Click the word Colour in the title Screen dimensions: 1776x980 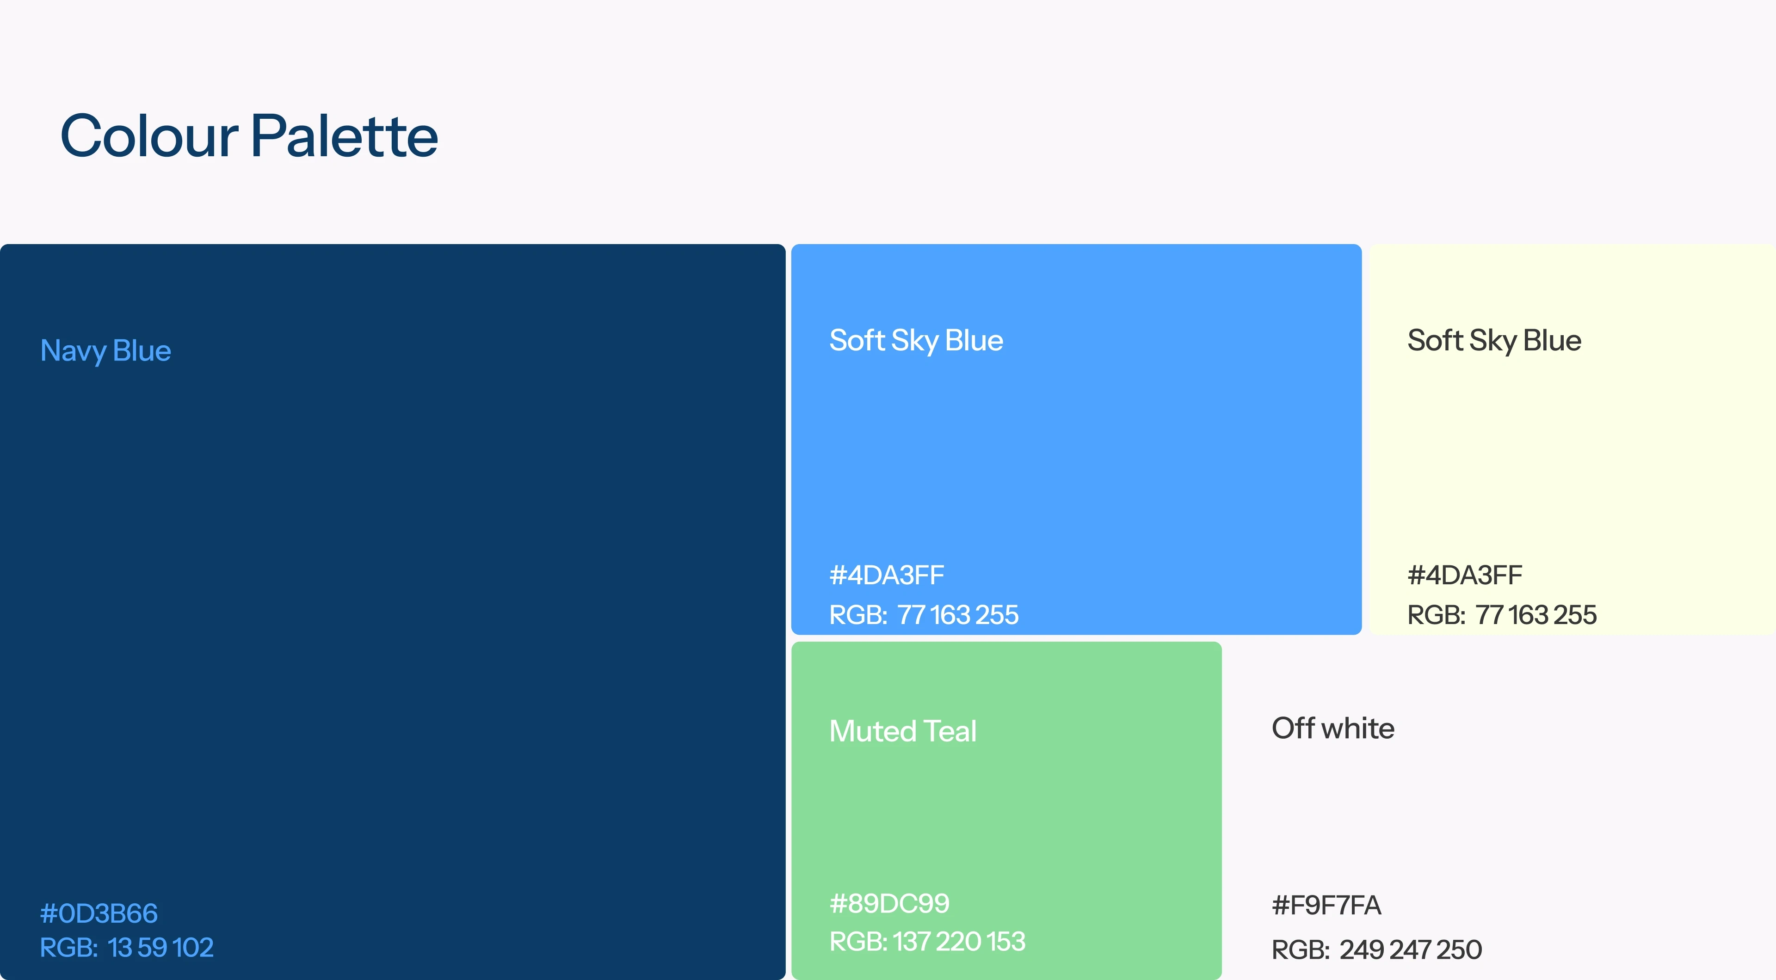[149, 136]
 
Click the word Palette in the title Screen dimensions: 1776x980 [344, 136]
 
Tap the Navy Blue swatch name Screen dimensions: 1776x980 [105, 351]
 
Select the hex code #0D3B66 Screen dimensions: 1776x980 [99, 913]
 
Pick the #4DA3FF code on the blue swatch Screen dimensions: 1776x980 [887, 575]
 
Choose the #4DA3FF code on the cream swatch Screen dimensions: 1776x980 [1464, 575]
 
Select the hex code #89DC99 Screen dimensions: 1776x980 [889, 904]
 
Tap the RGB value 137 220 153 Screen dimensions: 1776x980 [927, 942]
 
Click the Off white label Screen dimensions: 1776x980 [1332, 729]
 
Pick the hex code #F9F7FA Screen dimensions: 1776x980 [1326, 906]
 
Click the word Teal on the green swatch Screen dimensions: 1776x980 [950, 731]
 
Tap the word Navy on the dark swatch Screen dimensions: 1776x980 [73, 351]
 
